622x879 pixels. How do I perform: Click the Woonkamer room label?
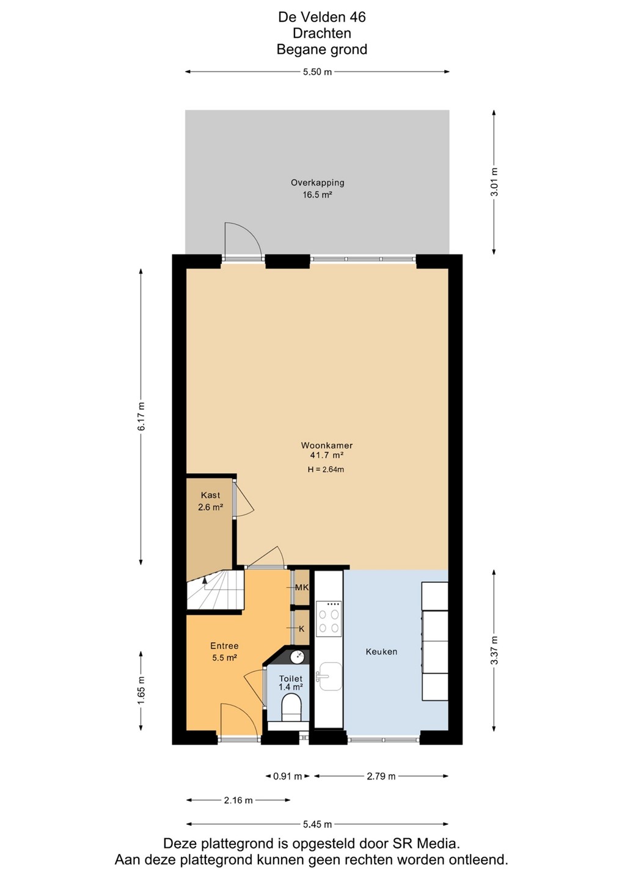coord(327,446)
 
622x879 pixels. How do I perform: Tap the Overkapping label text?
coord(317,183)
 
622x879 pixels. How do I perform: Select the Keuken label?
coord(381,652)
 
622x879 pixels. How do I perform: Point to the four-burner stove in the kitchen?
coord(329,619)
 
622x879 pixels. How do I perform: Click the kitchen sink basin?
coord(330,676)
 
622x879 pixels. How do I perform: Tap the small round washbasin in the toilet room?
coord(297,657)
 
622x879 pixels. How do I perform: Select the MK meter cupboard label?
coord(302,587)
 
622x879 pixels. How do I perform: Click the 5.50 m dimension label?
coord(317,72)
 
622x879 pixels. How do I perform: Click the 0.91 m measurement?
coord(287,776)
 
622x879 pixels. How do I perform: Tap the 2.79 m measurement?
coord(381,776)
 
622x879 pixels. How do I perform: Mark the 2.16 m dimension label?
coord(238,800)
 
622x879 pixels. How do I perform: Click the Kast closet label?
coord(210,495)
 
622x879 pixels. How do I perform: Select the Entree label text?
coord(224,646)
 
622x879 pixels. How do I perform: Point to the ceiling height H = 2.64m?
coord(326,469)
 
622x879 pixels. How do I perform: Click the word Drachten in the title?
coord(321,34)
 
